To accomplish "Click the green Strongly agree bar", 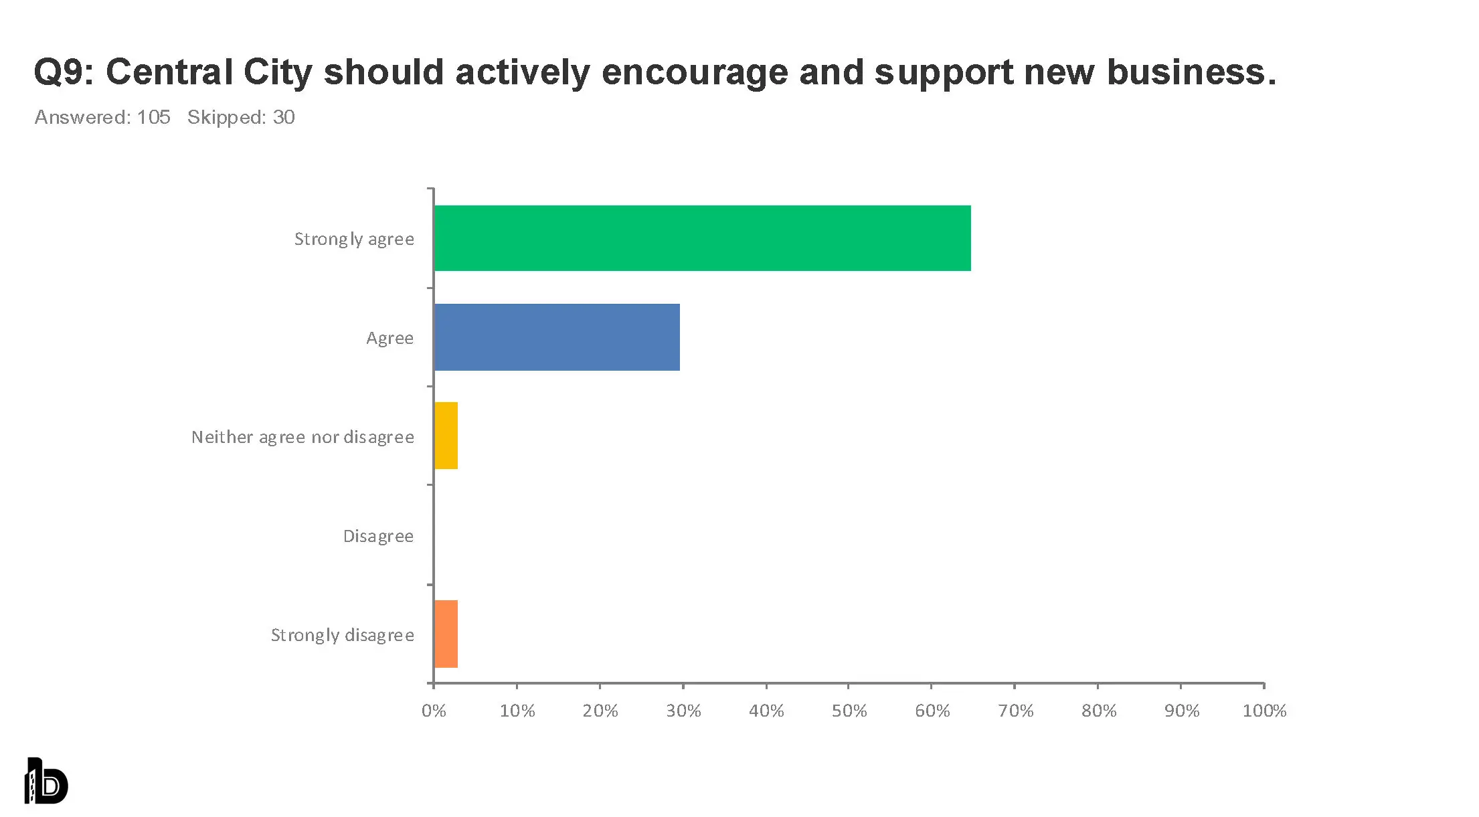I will click(x=702, y=238).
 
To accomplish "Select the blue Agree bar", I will click(x=557, y=337).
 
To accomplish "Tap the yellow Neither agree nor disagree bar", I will click(x=446, y=436).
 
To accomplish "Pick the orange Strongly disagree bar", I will click(x=446, y=634).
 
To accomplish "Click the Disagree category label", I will click(x=378, y=536).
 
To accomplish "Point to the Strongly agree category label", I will click(x=354, y=239).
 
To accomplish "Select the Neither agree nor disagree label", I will click(x=302, y=437).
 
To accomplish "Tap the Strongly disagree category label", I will click(x=342, y=635).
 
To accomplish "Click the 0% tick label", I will click(x=434, y=711).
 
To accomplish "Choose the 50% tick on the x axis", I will click(x=849, y=711).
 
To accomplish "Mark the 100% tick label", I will click(x=1264, y=711).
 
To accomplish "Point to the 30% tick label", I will click(x=683, y=711).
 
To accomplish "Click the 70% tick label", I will click(x=1015, y=711).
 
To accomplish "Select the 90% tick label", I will click(x=1182, y=711).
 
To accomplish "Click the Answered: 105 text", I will click(x=102, y=117).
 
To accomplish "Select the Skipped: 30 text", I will click(x=241, y=117).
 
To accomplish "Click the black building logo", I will click(x=46, y=781).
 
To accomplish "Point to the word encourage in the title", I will click(x=694, y=72).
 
